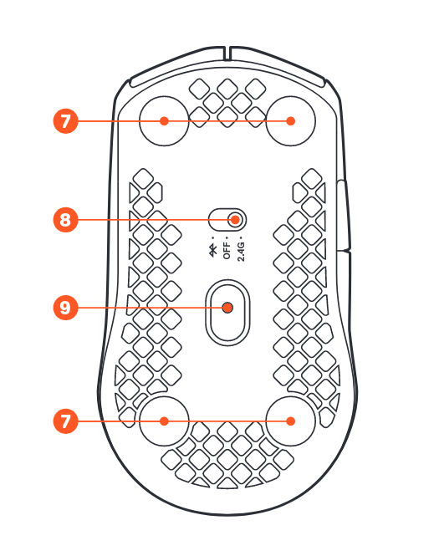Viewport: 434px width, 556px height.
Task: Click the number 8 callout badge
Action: [65, 220]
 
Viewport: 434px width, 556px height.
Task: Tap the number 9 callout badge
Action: [65, 308]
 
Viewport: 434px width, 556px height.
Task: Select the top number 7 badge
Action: [65, 121]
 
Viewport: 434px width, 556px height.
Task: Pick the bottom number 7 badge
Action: [65, 421]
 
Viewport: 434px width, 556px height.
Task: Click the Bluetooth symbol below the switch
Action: [213, 250]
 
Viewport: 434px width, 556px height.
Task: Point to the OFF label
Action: [227, 251]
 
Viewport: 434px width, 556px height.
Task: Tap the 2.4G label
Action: [241, 252]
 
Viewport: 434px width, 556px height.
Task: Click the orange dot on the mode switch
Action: [235, 220]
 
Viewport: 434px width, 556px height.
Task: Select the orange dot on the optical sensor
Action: [227, 308]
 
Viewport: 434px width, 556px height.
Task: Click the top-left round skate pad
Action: [164, 121]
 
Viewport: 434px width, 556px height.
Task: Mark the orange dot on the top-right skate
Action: [291, 121]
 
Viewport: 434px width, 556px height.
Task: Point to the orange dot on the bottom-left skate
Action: [164, 421]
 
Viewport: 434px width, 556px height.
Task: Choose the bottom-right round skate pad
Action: [291, 421]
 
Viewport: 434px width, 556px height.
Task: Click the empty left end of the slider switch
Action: [217, 220]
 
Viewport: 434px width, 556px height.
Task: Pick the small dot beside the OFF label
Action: [227, 238]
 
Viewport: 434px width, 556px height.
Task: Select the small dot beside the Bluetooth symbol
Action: [213, 238]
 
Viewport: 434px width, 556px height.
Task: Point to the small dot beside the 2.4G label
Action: [241, 238]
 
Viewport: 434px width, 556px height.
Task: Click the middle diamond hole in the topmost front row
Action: [227, 89]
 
